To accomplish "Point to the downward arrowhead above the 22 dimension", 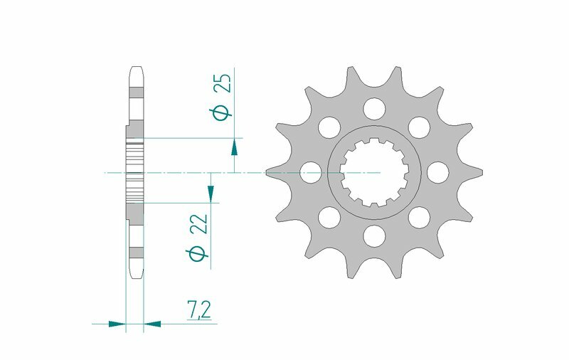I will click(211, 193).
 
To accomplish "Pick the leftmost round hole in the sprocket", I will click(310, 172).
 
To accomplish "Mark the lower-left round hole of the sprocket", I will click(329, 216).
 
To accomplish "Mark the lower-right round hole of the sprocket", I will click(418, 216).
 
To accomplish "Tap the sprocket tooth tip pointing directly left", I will click(268, 172).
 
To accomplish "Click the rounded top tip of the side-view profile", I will click(135, 69).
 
